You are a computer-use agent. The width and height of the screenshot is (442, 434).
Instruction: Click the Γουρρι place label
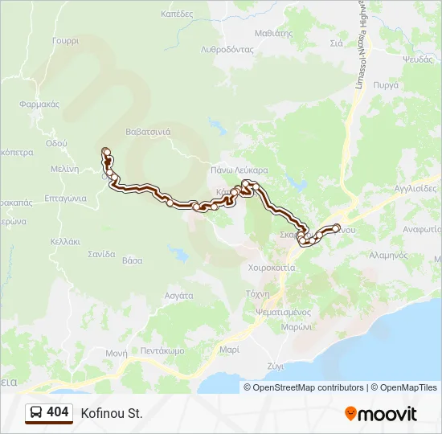pos(67,40)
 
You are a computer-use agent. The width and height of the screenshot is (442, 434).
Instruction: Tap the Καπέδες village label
pos(177,14)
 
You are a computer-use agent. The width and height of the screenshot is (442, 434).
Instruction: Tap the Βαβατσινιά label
pos(148,132)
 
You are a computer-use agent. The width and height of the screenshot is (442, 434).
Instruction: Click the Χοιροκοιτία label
pos(272,267)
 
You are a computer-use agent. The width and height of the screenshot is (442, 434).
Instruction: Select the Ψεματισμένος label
pos(282,312)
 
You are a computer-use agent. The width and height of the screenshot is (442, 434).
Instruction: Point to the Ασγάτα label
pos(178,295)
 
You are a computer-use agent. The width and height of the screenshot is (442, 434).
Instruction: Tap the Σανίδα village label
pos(102,254)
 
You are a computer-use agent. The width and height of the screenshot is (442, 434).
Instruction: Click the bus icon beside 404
pos(35,412)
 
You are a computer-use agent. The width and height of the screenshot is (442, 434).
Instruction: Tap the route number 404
pos(58,412)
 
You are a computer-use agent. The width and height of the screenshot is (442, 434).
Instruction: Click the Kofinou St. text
pos(111,413)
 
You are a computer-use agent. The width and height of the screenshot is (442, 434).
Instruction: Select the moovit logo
pos(381,413)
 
